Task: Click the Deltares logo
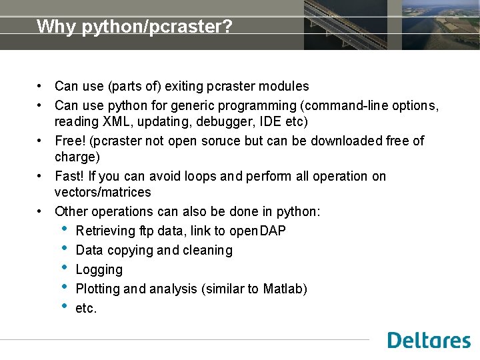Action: click(429, 340)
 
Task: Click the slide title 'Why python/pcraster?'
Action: click(134, 27)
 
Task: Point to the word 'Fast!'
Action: click(70, 177)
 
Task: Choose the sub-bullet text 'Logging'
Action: click(99, 270)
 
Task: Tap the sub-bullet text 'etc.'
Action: click(86, 309)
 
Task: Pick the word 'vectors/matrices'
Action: click(103, 193)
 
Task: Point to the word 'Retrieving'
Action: click(105, 231)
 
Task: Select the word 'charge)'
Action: click(77, 157)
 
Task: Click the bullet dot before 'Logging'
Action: click(64, 269)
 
